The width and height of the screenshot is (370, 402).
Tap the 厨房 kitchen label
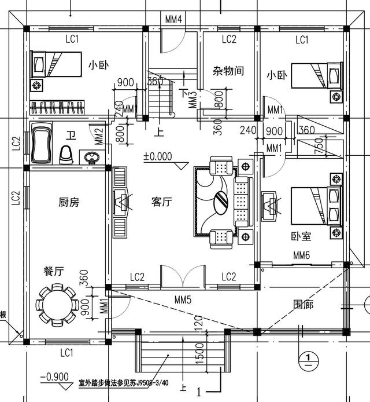click(x=68, y=202)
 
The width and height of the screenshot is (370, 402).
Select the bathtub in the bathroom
click(x=40, y=142)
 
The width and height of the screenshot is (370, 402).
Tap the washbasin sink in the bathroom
click(x=91, y=156)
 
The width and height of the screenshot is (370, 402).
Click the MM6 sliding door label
click(x=302, y=255)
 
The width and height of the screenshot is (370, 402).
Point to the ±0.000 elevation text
click(x=159, y=156)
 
